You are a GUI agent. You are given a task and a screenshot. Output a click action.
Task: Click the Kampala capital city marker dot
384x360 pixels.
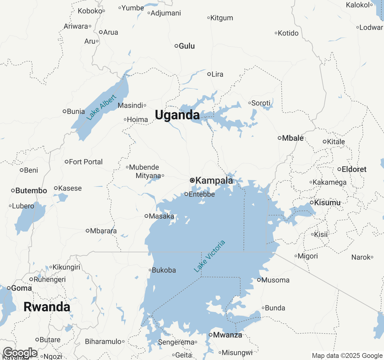(192, 180)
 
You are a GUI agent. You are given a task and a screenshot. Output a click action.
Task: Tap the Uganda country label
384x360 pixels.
(177, 115)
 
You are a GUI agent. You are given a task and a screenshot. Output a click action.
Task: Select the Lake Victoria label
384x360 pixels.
(209, 256)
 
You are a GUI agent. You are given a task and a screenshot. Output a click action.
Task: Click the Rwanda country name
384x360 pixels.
(47, 307)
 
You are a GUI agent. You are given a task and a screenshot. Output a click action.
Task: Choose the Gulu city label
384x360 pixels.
(187, 46)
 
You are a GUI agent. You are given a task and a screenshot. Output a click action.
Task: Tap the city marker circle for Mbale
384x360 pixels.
(279, 138)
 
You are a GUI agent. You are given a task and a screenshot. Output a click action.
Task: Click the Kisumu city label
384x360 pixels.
(327, 202)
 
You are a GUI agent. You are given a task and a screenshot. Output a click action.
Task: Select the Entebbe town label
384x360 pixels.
(202, 194)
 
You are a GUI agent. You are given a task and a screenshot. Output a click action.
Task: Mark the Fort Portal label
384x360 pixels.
(85, 162)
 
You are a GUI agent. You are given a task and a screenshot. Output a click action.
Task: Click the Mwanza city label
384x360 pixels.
(227, 335)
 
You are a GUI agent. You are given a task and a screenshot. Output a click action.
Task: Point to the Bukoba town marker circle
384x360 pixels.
(150, 270)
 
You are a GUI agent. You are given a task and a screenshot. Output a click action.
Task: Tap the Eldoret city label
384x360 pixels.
(354, 169)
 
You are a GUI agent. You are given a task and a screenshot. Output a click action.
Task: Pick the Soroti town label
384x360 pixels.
(261, 103)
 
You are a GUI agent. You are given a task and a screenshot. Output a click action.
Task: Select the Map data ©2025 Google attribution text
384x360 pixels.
(347, 356)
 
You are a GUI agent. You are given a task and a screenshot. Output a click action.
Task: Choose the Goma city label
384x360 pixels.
(21, 288)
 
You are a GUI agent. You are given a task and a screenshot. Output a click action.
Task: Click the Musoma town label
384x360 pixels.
(275, 280)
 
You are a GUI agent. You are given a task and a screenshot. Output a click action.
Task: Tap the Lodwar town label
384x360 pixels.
(371, 27)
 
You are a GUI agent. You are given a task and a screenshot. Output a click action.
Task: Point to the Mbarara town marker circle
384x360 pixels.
(87, 231)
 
